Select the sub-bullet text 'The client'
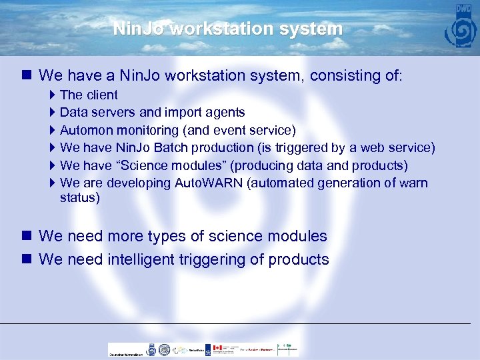click(x=89, y=95)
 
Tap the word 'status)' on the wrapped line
click(x=79, y=198)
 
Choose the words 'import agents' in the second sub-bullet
click(x=209, y=113)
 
